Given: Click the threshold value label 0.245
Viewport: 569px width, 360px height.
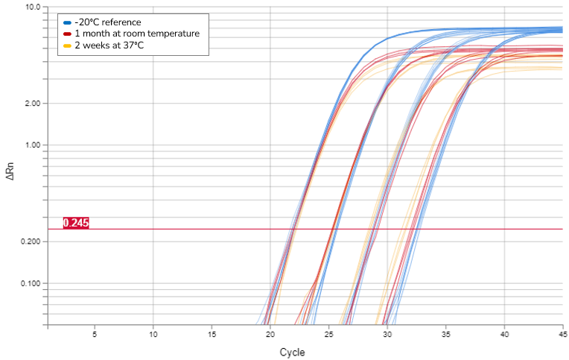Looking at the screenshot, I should click(76, 223).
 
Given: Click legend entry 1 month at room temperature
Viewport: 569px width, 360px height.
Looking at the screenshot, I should click(137, 34).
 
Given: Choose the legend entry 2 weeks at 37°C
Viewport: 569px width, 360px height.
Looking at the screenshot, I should click(109, 45).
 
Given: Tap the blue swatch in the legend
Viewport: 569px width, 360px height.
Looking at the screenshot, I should click(68, 22).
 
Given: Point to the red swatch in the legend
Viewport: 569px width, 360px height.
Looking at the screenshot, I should click(68, 34).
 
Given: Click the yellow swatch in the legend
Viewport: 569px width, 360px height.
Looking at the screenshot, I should click(68, 45).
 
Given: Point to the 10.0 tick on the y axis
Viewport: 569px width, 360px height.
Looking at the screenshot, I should click(33, 7).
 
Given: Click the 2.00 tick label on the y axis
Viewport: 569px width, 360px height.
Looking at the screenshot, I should click(31, 104).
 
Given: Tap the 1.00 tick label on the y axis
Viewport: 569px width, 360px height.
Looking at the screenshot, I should click(31, 145).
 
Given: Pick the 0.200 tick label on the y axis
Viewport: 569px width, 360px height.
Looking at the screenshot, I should click(29, 242).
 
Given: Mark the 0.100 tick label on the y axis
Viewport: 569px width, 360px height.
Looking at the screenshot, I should click(29, 284).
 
